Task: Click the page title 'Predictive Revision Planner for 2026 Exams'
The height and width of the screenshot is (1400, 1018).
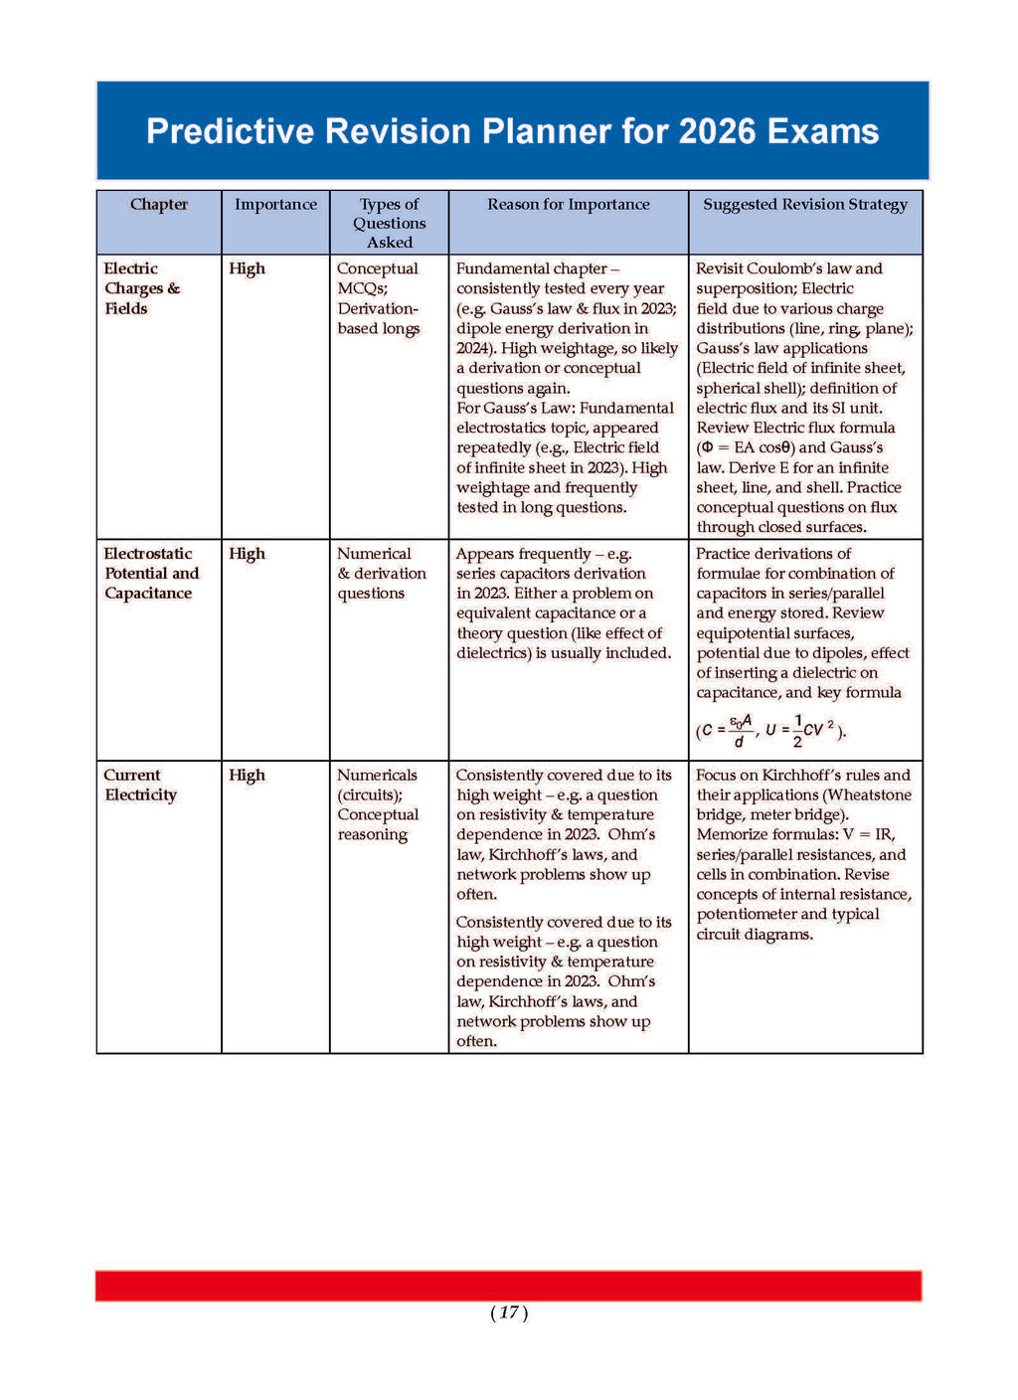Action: pos(512,131)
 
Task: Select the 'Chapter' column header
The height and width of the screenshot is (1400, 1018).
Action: pos(159,205)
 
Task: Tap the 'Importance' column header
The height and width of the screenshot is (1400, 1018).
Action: pos(275,205)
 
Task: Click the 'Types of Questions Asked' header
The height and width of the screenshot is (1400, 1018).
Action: pos(389,223)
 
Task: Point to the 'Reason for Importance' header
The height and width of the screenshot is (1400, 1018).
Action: pos(568,205)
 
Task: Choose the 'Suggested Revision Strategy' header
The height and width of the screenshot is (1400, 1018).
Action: pos(805,205)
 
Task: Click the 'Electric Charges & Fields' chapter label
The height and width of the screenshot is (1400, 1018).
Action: pos(141,288)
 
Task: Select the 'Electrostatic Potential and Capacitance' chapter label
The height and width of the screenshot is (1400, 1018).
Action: pos(151,574)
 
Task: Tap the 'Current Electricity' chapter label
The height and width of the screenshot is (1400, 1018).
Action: pos(140,786)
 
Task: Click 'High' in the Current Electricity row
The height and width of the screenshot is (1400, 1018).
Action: pos(247,776)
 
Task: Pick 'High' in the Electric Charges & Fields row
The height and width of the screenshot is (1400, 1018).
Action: pos(247,268)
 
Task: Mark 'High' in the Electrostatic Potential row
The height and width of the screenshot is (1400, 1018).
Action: pos(247,554)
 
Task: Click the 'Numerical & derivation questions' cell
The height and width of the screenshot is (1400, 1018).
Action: pos(381,574)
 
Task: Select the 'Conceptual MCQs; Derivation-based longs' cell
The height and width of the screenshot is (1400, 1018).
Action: pos(378,298)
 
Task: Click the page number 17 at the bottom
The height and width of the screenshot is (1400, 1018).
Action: pos(509,1313)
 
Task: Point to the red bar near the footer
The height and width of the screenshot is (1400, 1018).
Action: pos(508,1286)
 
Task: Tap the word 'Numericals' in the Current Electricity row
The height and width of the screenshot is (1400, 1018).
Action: pos(377,776)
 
